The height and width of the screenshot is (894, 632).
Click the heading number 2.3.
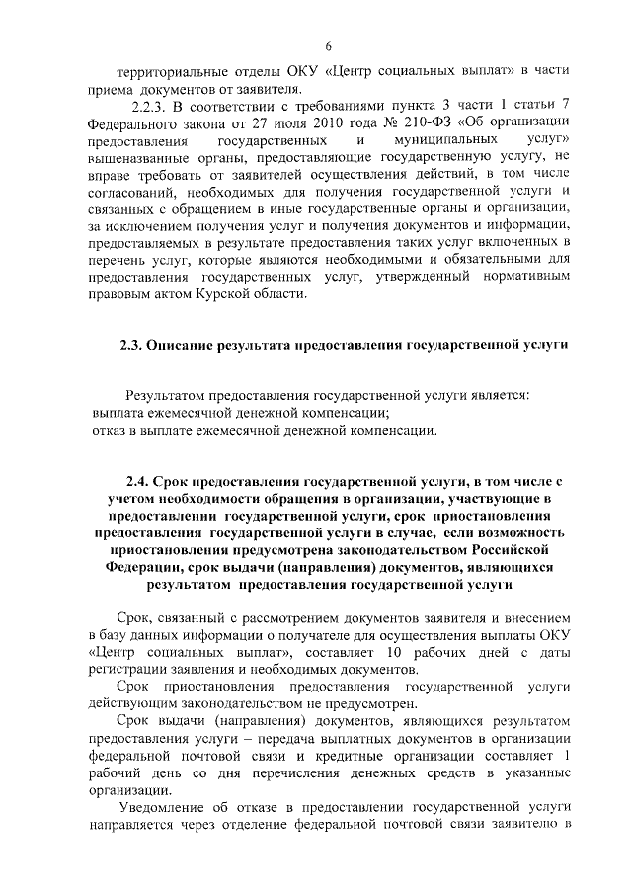(x=131, y=345)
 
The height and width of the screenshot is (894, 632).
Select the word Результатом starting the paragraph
(x=167, y=394)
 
